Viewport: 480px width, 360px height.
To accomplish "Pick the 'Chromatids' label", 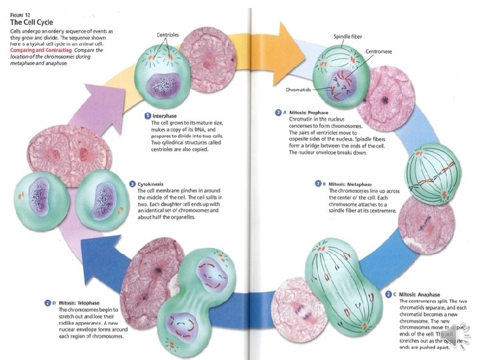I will [x=299, y=89].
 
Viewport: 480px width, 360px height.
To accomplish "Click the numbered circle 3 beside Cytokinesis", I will [x=133, y=183].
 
